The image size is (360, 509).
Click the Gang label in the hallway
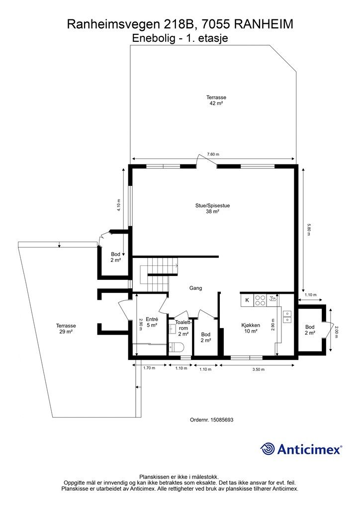pos(196,288)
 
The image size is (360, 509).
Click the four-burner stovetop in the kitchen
pos(260,300)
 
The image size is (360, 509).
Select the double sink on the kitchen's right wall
pos(287,317)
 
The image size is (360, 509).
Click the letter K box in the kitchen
pos(247,300)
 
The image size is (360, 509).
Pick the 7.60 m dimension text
pos(213,154)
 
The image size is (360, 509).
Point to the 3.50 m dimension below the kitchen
pos(259,369)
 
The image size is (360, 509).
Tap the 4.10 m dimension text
pos(119,205)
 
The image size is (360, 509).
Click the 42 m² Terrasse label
pos(216,100)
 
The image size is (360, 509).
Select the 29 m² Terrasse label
pos(66,329)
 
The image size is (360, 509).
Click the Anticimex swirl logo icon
pos(268,449)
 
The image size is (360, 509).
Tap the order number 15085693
pos(222,420)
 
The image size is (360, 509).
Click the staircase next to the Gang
pos(159,274)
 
